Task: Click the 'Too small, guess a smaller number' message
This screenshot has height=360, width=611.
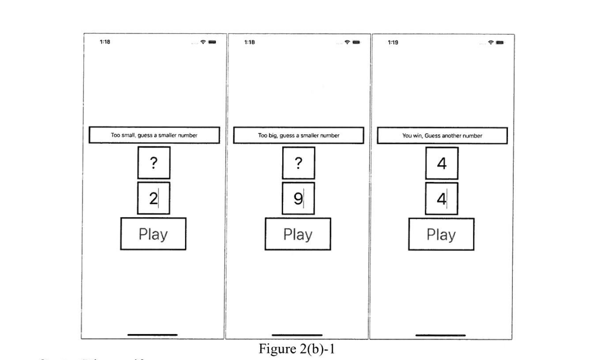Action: [x=154, y=135]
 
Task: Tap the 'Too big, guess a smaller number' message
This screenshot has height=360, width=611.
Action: [x=298, y=135]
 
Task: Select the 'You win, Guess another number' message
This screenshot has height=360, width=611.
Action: [x=442, y=135]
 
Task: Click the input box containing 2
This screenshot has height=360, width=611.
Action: [x=154, y=199]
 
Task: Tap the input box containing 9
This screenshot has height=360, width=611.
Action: [x=298, y=199]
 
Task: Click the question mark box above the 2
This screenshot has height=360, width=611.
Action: [x=154, y=163]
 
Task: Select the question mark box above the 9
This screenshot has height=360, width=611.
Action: [x=298, y=163]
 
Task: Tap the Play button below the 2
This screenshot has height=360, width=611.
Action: [x=153, y=234]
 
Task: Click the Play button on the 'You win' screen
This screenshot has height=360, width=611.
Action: [x=441, y=234]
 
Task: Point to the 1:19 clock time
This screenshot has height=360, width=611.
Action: [x=393, y=42]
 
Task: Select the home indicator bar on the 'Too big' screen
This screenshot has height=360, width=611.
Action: [x=297, y=335]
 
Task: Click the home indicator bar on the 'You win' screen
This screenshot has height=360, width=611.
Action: [x=440, y=335]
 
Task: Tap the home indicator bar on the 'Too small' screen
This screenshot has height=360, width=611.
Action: [x=152, y=335]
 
